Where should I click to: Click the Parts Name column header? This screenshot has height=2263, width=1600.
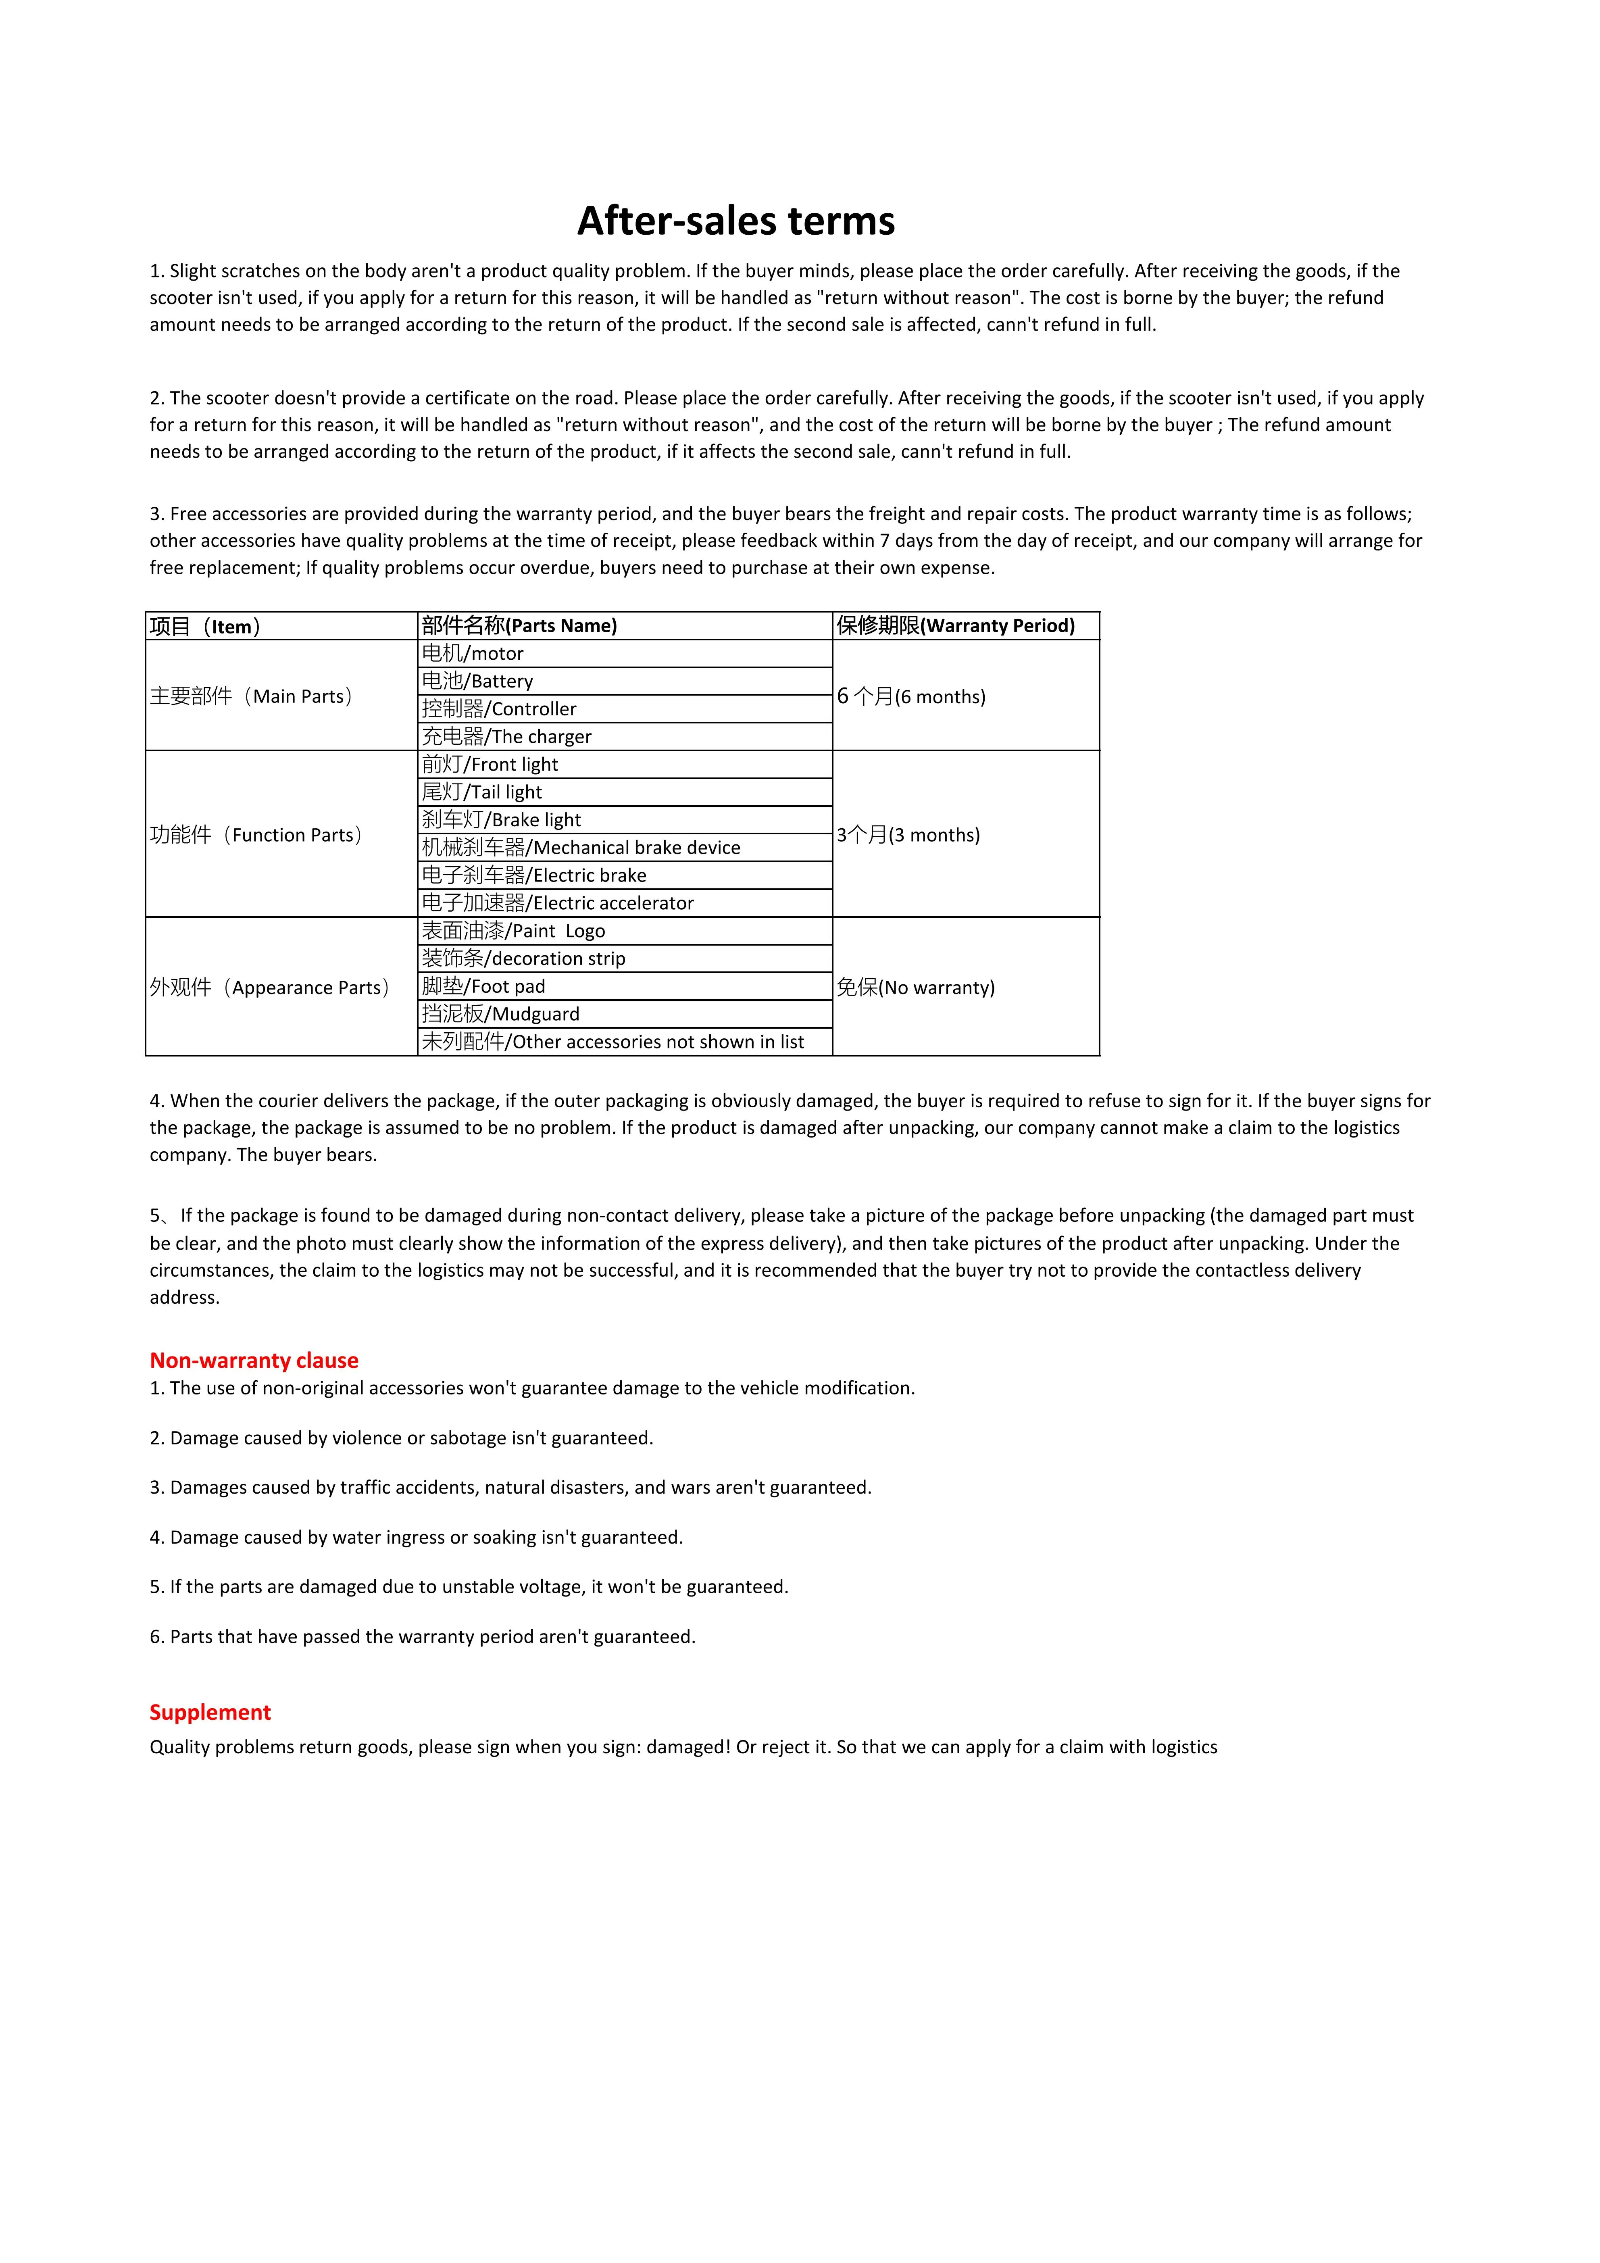pyautogui.click(x=519, y=626)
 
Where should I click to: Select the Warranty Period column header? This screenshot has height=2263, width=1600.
pyautogui.click(x=955, y=626)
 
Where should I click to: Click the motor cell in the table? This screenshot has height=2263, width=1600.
pyautogui.click(x=473, y=654)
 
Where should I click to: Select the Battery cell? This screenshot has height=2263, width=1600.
pyautogui.click(x=478, y=681)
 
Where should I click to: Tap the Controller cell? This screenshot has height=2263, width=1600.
pyautogui.click(x=500, y=708)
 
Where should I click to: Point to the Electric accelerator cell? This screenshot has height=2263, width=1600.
pyautogui.click(x=558, y=903)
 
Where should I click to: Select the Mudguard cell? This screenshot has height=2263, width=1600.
pyautogui.click(x=501, y=1014)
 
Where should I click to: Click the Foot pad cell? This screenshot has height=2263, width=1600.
pyautogui.click(x=484, y=987)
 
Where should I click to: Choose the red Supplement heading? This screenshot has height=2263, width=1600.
pyautogui.click(x=210, y=1712)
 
